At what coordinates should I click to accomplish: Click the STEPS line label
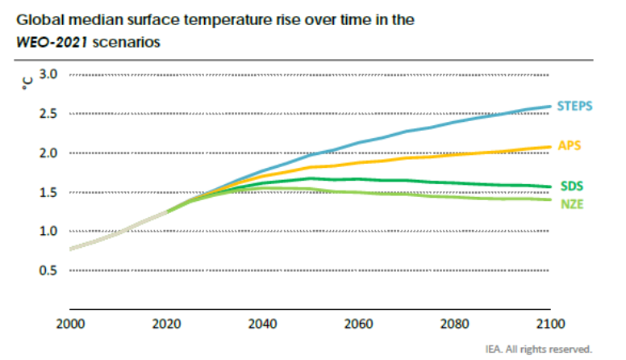574,106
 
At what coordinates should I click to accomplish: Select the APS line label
570,145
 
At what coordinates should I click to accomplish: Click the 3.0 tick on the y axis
48,74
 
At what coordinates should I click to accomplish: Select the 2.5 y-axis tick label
48,114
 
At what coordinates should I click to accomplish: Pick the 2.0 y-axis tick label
48,153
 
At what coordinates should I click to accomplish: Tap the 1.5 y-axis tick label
48,192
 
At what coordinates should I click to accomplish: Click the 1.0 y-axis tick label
48,231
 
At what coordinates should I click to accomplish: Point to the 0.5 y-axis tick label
48,270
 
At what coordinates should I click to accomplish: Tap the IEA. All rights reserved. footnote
539,350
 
